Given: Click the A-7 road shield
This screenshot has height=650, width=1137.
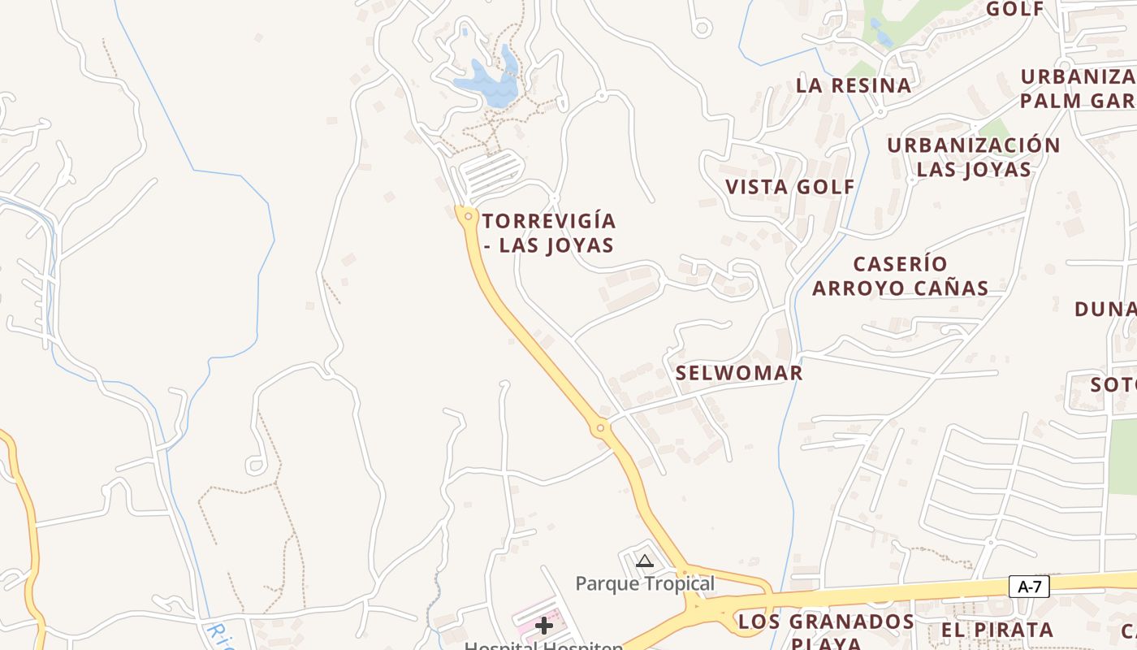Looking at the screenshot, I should [1029, 587].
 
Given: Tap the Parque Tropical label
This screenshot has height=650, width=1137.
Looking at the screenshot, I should [645, 583].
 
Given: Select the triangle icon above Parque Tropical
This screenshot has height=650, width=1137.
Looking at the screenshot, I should [645, 561].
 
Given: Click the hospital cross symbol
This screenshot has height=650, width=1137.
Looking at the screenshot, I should [544, 626].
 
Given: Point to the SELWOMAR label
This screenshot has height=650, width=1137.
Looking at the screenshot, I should [739, 373].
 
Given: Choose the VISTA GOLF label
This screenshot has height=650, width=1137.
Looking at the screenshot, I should [790, 187].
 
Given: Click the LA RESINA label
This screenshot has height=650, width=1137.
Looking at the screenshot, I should [854, 85].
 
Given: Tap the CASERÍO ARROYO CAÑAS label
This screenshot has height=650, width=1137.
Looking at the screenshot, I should [901, 276].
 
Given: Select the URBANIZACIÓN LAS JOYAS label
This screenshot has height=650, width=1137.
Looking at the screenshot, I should [973, 157].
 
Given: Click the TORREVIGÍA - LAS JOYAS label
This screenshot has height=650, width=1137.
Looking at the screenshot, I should [549, 233].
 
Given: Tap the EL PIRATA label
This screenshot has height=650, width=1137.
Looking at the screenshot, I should [997, 630].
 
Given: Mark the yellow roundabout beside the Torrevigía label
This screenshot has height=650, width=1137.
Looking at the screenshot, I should [467, 216].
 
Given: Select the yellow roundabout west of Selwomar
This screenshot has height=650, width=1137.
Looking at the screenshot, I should [600, 427].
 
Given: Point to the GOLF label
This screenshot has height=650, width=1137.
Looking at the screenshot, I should [1015, 9].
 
